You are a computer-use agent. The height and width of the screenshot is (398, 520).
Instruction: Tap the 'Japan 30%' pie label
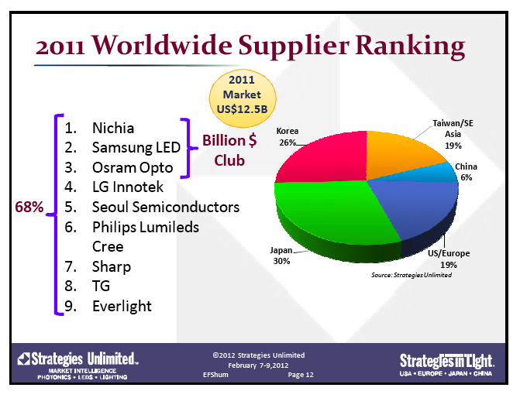click(x=281, y=256)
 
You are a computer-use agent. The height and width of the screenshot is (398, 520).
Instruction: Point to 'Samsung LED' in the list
click(x=136, y=147)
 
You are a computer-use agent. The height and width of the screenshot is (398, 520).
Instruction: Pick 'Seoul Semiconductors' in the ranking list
click(x=165, y=207)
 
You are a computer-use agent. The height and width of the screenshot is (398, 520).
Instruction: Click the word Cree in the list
click(x=108, y=246)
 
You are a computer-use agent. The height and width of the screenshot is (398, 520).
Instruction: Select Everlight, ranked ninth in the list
click(x=122, y=306)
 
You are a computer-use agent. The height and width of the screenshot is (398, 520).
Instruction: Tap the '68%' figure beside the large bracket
click(x=29, y=207)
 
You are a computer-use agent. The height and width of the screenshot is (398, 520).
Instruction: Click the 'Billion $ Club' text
click(x=229, y=150)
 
